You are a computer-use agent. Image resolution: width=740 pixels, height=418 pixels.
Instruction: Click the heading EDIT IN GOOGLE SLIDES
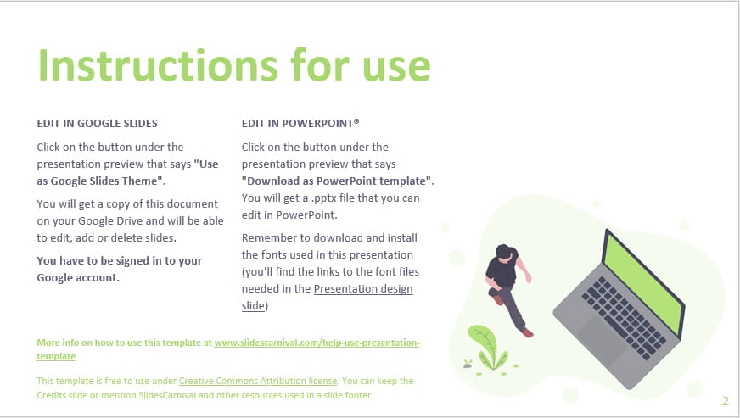coord(98,123)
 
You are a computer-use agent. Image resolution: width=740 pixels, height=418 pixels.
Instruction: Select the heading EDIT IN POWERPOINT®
coord(294,123)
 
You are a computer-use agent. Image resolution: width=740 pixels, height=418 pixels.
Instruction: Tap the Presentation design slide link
coord(363,289)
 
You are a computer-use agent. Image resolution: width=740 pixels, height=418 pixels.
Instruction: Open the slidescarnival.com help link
coord(317,343)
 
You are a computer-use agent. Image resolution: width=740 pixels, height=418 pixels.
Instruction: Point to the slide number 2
coord(726,401)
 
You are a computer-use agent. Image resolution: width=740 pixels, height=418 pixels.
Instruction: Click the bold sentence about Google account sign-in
coord(119,269)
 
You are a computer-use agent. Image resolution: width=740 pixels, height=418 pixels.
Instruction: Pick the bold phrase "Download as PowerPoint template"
coord(337,181)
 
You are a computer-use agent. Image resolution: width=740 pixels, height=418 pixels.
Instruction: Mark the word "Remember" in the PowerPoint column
coord(268,237)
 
